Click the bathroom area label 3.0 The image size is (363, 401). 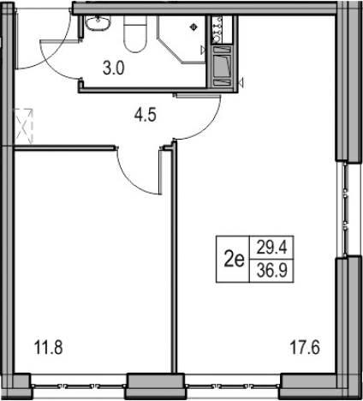[x=114, y=69]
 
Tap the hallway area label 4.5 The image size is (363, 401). [x=146, y=116]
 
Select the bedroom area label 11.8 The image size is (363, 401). [x=48, y=348]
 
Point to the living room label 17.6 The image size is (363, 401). [x=305, y=348]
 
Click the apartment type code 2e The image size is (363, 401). [x=234, y=260]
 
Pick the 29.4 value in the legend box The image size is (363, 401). [x=271, y=248]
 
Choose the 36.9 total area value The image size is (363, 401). [x=271, y=271]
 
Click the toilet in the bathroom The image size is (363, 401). [x=135, y=33]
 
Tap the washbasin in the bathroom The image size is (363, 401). [x=98, y=22]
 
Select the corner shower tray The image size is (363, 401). [x=181, y=39]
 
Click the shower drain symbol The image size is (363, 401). [x=193, y=27]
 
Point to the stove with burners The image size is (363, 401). [x=217, y=30]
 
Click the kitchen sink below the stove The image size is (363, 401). [x=222, y=66]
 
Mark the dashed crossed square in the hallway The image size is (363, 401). [x=24, y=126]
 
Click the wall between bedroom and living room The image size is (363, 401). [x=174, y=257]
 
